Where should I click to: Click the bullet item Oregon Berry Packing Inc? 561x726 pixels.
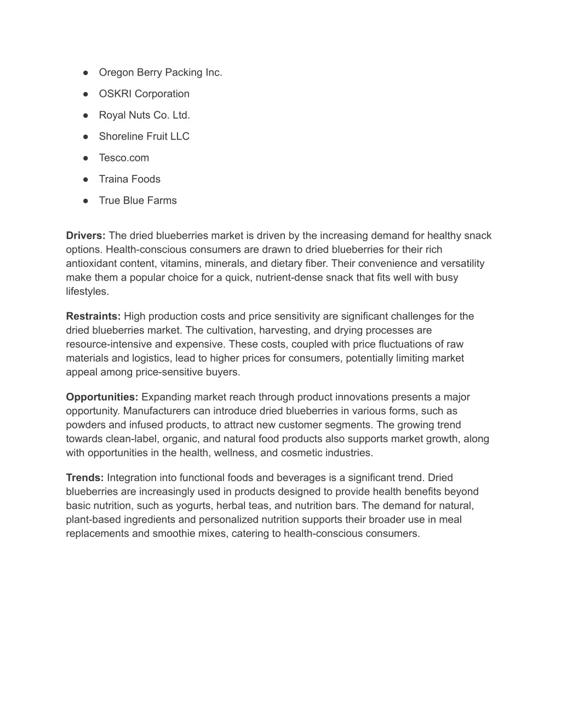(x=160, y=72)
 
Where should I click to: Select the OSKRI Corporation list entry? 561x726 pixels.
(x=144, y=94)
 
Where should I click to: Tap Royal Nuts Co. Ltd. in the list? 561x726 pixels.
(x=144, y=115)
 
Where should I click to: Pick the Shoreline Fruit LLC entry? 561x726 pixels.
(x=144, y=136)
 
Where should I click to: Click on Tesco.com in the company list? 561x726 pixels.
(x=124, y=158)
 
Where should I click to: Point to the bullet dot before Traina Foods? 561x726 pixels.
(x=86, y=179)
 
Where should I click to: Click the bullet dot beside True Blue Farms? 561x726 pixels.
(x=86, y=201)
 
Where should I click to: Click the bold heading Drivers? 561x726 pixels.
(x=85, y=236)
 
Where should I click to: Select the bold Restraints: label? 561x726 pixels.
(x=93, y=316)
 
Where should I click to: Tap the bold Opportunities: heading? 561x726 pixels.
(x=102, y=397)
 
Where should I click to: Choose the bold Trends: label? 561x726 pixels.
(x=84, y=478)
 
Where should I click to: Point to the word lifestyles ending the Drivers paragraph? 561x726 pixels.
(x=87, y=291)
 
